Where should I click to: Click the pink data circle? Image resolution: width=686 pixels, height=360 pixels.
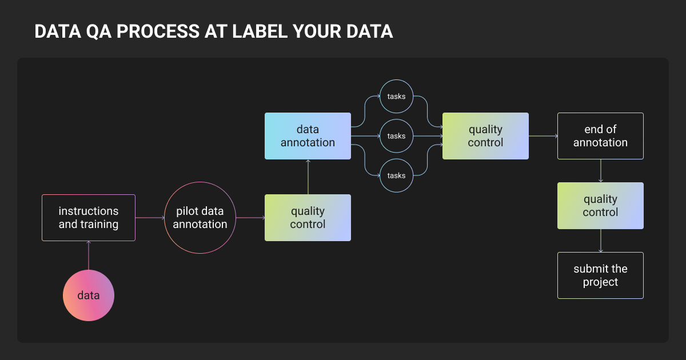click(x=89, y=295)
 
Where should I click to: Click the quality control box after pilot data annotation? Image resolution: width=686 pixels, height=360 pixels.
click(x=308, y=218)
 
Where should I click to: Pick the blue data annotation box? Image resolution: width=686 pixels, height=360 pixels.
click(x=308, y=136)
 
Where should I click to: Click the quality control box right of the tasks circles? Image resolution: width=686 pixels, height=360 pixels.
click(x=485, y=136)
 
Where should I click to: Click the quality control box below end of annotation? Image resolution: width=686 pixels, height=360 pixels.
click(x=600, y=206)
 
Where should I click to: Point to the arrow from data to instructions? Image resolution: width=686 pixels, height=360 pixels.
click(x=89, y=255)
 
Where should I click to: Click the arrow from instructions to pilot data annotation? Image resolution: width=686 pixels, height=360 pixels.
click(x=150, y=218)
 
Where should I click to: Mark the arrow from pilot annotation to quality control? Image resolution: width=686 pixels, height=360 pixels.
click(x=250, y=218)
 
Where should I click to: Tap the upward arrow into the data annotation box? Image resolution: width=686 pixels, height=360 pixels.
click(x=308, y=177)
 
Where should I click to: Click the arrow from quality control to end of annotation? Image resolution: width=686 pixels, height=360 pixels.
click(x=543, y=136)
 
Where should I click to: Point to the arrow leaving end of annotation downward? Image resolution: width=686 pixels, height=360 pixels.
click(x=601, y=171)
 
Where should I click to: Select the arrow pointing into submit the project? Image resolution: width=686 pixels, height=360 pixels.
click(x=601, y=241)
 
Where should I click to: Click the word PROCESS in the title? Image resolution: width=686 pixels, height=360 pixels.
click(x=158, y=31)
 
